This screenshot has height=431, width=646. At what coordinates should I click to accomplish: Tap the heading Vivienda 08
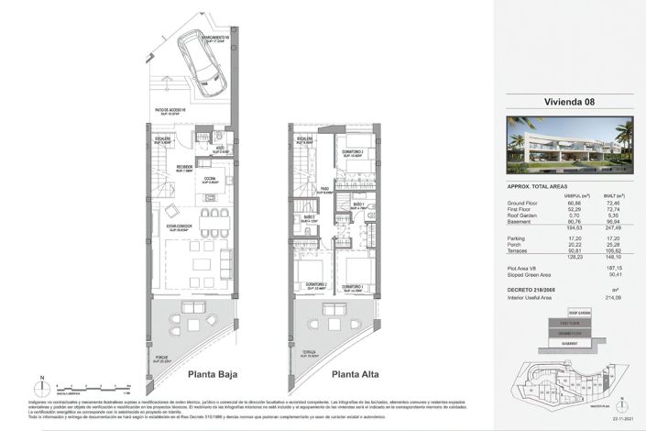click(557, 102)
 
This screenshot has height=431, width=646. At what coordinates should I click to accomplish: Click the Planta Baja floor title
click(214, 374)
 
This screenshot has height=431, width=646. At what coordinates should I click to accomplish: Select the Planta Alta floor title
click(356, 374)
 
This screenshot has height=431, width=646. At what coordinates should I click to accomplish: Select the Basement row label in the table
click(520, 221)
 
